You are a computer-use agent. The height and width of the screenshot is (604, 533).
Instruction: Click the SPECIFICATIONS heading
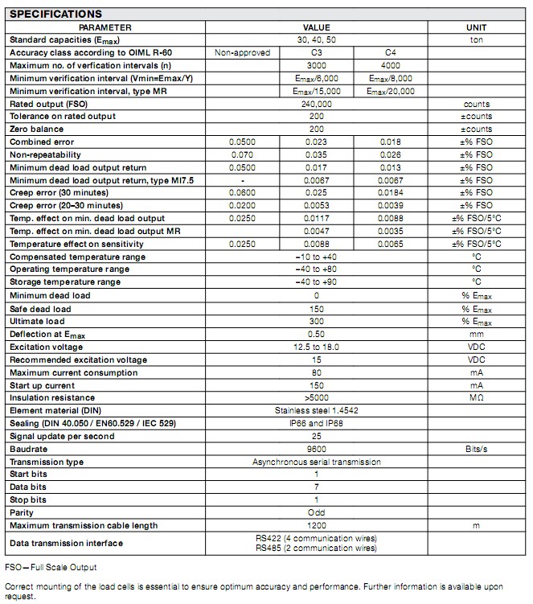tap(55, 14)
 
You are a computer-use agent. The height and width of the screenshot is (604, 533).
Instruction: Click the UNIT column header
tap(477, 27)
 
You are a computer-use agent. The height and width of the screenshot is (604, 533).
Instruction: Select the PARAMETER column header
tap(105, 27)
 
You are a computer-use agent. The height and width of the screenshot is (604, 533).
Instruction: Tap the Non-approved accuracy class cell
tap(242, 53)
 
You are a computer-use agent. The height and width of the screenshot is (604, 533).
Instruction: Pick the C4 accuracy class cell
tap(392, 53)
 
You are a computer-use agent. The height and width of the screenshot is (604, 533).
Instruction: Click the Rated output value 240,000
tap(317, 105)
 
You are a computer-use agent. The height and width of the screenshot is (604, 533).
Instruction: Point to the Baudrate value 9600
tap(317, 449)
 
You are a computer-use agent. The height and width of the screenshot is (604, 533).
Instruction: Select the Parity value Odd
tap(317, 513)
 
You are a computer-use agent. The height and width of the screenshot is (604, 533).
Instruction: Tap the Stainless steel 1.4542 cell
tap(317, 410)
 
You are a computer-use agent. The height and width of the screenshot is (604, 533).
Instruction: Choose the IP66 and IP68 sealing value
tap(317, 423)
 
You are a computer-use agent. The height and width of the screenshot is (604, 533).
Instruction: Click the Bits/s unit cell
tap(477, 449)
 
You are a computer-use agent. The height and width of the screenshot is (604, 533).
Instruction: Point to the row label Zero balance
tap(37, 129)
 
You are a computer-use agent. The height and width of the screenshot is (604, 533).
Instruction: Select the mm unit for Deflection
tap(477, 334)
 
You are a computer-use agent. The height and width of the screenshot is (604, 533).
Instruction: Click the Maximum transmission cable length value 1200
tap(317, 526)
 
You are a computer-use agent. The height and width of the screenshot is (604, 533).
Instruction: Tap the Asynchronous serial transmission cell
tap(317, 462)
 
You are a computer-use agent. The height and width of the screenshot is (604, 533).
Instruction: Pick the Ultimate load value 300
tap(317, 321)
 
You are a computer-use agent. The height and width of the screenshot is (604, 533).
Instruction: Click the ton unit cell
tap(477, 40)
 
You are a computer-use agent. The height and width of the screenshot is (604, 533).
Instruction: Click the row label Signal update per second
tap(62, 436)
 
